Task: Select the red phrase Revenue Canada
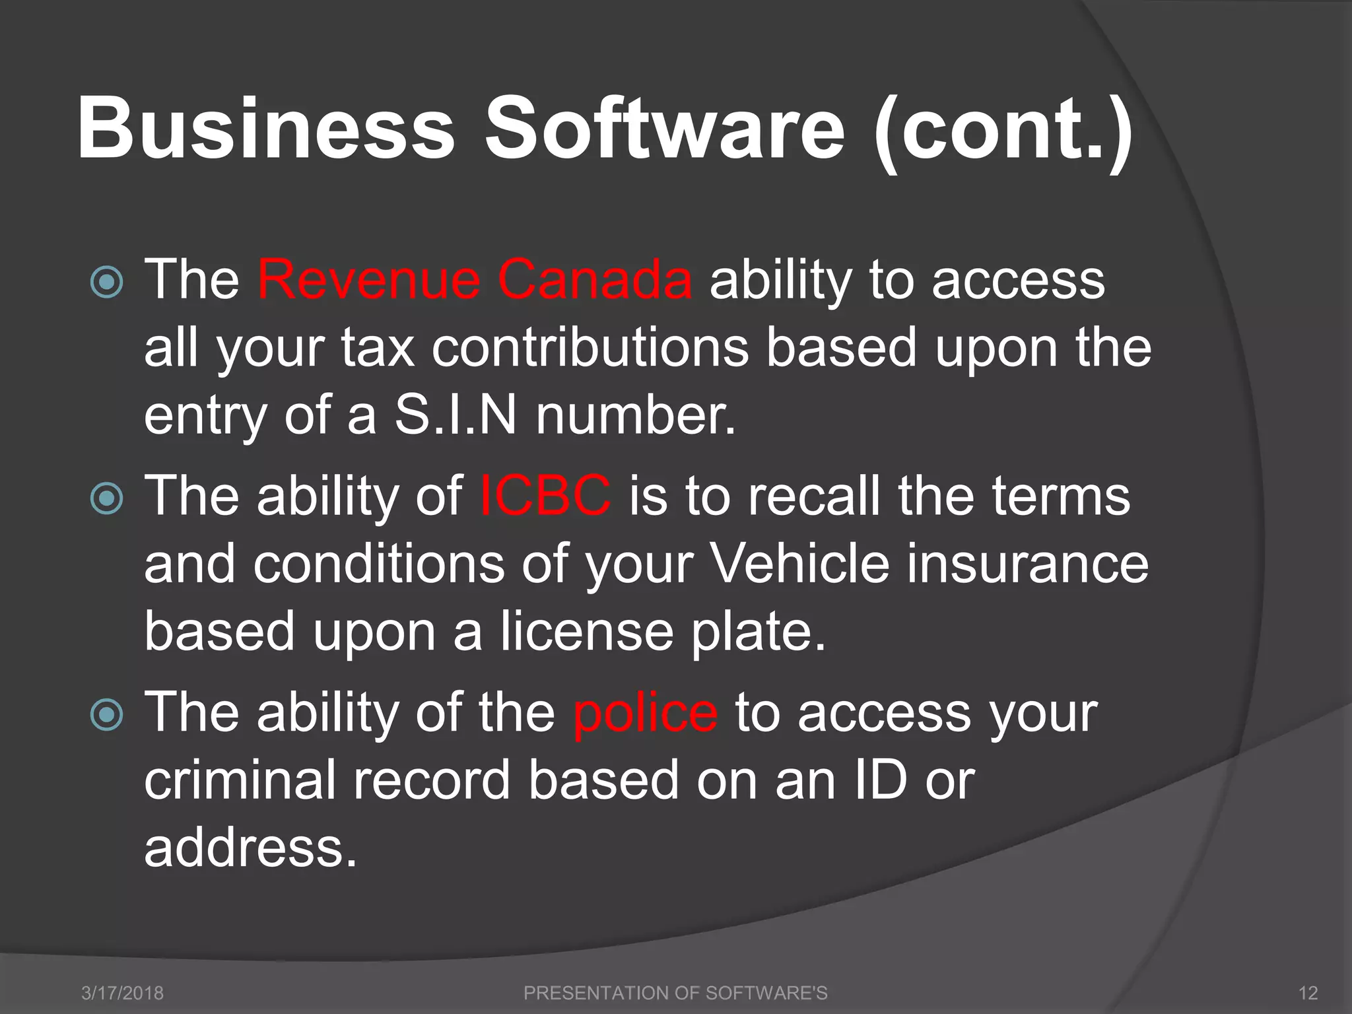click(x=475, y=280)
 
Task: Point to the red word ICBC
click(x=545, y=496)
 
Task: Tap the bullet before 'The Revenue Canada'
click(x=107, y=283)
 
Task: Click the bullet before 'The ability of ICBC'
click(x=107, y=498)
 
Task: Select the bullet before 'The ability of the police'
click(x=107, y=715)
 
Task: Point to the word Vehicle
click(x=799, y=564)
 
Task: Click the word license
click(x=587, y=631)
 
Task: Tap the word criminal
click(x=240, y=780)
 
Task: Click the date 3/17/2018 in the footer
click(x=122, y=993)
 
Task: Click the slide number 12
click(x=1308, y=993)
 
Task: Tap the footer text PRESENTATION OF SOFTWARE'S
click(x=675, y=993)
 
